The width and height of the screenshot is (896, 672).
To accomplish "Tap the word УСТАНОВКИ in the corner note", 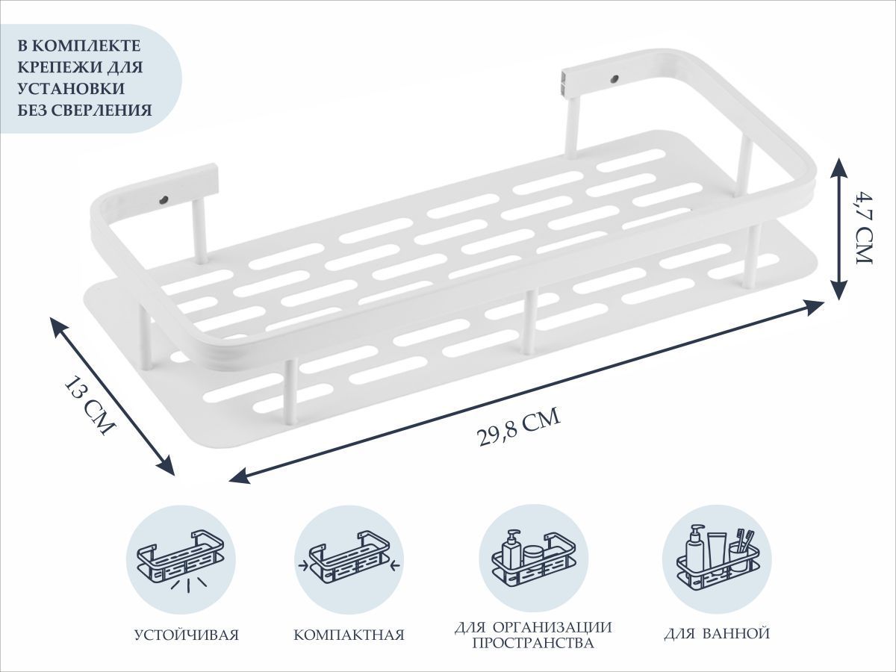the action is [x=71, y=89].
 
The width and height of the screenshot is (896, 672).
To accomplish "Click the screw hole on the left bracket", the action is [x=164, y=199].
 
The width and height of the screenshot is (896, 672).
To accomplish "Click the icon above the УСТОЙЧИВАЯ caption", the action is [x=181, y=561].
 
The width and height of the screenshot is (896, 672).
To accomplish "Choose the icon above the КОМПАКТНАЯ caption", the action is [x=349, y=561].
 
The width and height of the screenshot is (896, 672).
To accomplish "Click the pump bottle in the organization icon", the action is [x=512, y=548].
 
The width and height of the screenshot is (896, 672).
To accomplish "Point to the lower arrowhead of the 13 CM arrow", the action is [x=166, y=466].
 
